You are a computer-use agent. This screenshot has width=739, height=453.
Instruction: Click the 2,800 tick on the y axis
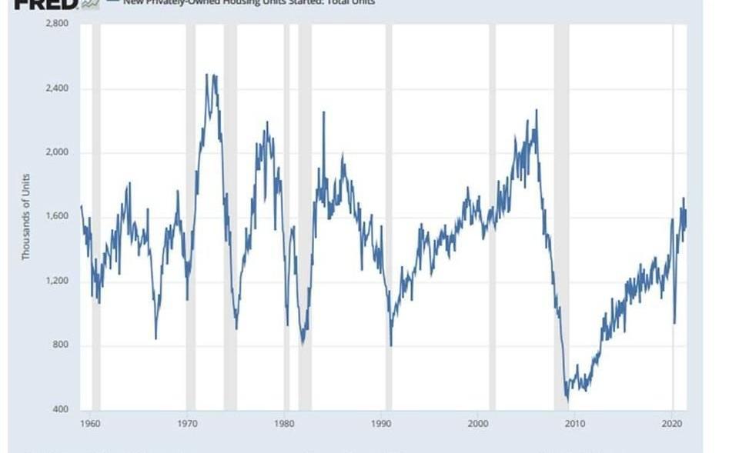59,25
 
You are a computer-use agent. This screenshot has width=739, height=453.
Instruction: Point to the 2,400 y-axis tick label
59,88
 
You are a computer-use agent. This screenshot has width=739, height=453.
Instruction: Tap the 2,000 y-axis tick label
59,152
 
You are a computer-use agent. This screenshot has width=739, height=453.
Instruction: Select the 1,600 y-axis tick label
59,217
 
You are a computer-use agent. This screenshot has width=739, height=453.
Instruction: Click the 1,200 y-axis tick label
59,281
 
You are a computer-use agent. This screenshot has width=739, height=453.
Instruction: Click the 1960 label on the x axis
90,425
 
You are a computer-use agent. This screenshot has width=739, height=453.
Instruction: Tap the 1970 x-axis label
187,425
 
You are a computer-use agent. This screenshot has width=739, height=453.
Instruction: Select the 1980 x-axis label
284,425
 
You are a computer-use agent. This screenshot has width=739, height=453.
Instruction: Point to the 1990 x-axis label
381,425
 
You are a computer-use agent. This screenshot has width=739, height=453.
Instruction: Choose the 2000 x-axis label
478,425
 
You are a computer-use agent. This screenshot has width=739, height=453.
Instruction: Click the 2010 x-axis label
575,425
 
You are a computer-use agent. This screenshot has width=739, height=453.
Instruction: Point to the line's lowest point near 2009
567,400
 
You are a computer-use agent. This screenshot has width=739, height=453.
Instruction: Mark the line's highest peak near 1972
207,75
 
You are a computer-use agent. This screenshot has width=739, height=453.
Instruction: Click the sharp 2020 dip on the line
675,323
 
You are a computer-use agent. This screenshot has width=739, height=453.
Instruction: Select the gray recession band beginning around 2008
561,215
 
